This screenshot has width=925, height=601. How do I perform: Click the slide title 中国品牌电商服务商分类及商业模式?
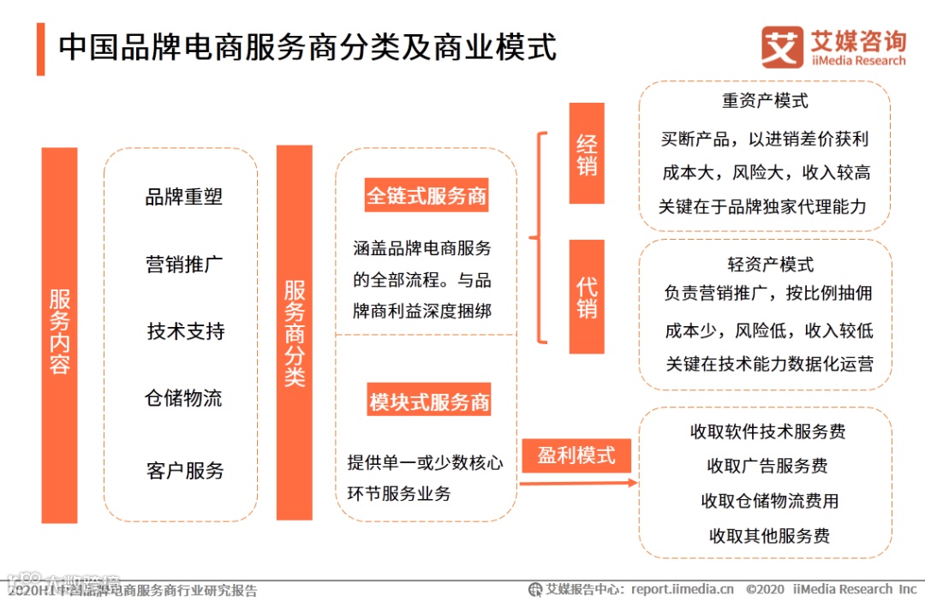click(307, 47)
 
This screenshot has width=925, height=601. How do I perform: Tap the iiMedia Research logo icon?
click(781, 47)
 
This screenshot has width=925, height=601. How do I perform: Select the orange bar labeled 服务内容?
click(59, 334)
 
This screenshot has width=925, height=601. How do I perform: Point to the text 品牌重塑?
click(183, 196)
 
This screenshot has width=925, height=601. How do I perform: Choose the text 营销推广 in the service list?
click(183, 264)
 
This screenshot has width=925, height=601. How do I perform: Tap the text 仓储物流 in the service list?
click(183, 398)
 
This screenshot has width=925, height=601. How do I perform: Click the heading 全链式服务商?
click(427, 196)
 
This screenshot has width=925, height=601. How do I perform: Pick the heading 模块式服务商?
click(429, 402)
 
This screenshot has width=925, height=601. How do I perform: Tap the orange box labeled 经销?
click(587, 153)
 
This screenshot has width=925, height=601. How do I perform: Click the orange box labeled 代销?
click(587, 296)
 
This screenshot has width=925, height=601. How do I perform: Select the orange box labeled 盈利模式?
click(576, 455)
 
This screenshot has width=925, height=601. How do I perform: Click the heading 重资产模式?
click(765, 101)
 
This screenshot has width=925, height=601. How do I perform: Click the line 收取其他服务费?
click(769, 537)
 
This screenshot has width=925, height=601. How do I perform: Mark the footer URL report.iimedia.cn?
click(683, 589)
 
